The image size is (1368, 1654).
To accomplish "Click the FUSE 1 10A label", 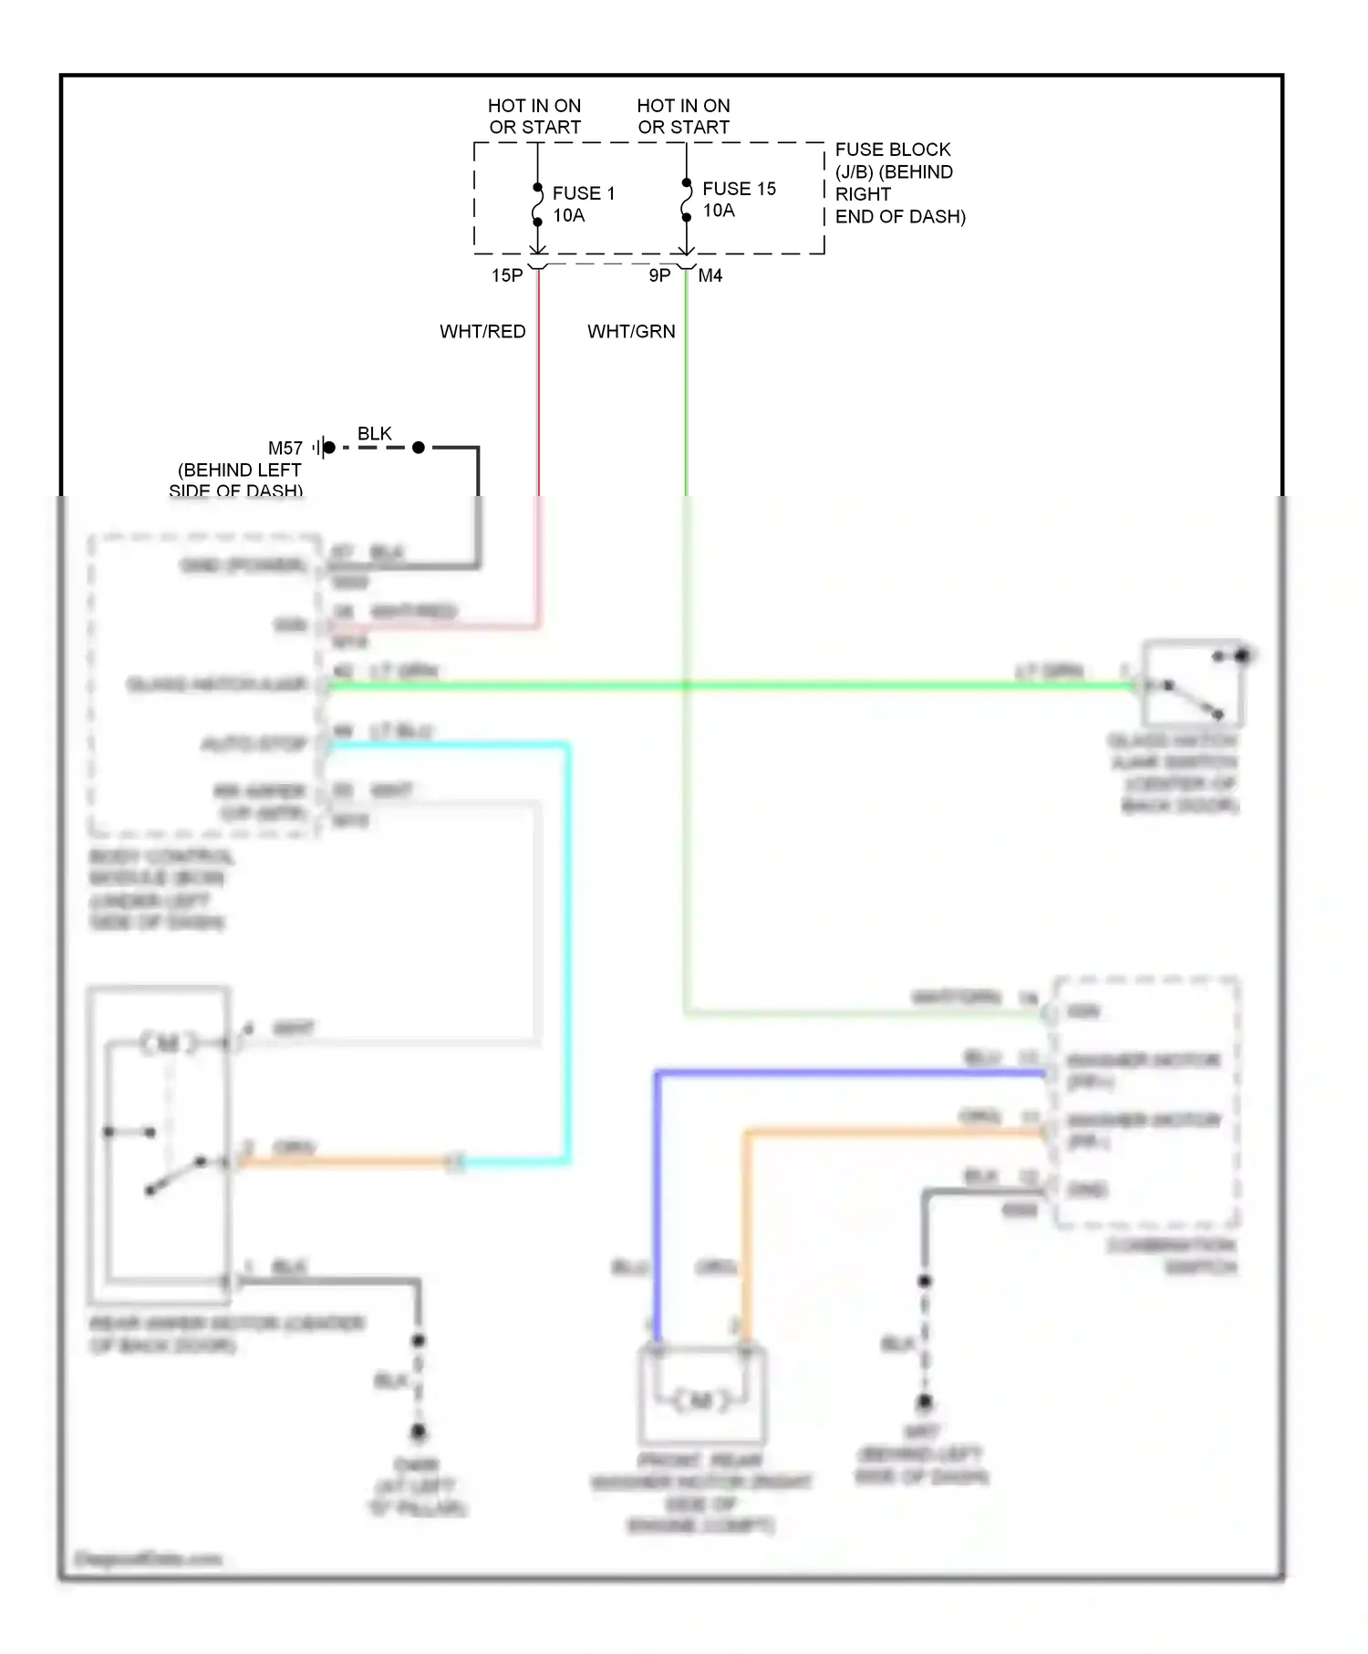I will pyautogui.click(x=583, y=204).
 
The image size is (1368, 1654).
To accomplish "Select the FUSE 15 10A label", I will pyautogui.click(x=738, y=200).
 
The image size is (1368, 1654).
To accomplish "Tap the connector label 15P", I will pyautogui.click(x=507, y=275).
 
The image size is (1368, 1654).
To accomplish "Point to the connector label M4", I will pyautogui.click(x=710, y=275).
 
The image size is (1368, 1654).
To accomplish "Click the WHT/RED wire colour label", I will pyautogui.click(x=482, y=332).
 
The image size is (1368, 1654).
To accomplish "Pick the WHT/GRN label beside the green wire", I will pyautogui.click(x=631, y=332).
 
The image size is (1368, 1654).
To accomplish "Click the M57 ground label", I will pyautogui.click(x=285, y=448).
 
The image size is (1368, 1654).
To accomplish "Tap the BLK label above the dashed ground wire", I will pyautogui.click(x=374, y=433).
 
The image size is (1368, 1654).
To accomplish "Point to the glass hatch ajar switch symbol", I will pyautogui.click(x=1193, y=684).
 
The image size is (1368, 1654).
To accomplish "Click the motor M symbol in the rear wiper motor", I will pyautogui.click(x=168, y=1042).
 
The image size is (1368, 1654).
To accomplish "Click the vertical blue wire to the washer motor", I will pyautogui.click(x=656, y=1204).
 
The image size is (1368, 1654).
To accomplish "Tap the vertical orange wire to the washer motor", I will pyautogui.click(x=745, y=1222).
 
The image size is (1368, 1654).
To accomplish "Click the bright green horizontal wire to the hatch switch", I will pyautogui.click(x=730, y=685).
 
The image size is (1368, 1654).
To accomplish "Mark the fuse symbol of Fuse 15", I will pyautogui.click(x=686, y=201).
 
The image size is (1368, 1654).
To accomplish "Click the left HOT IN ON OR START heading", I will pyautogui.click(x=534, y=117).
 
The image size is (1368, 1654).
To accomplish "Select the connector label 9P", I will pyautogui.click(x=659, y=275).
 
